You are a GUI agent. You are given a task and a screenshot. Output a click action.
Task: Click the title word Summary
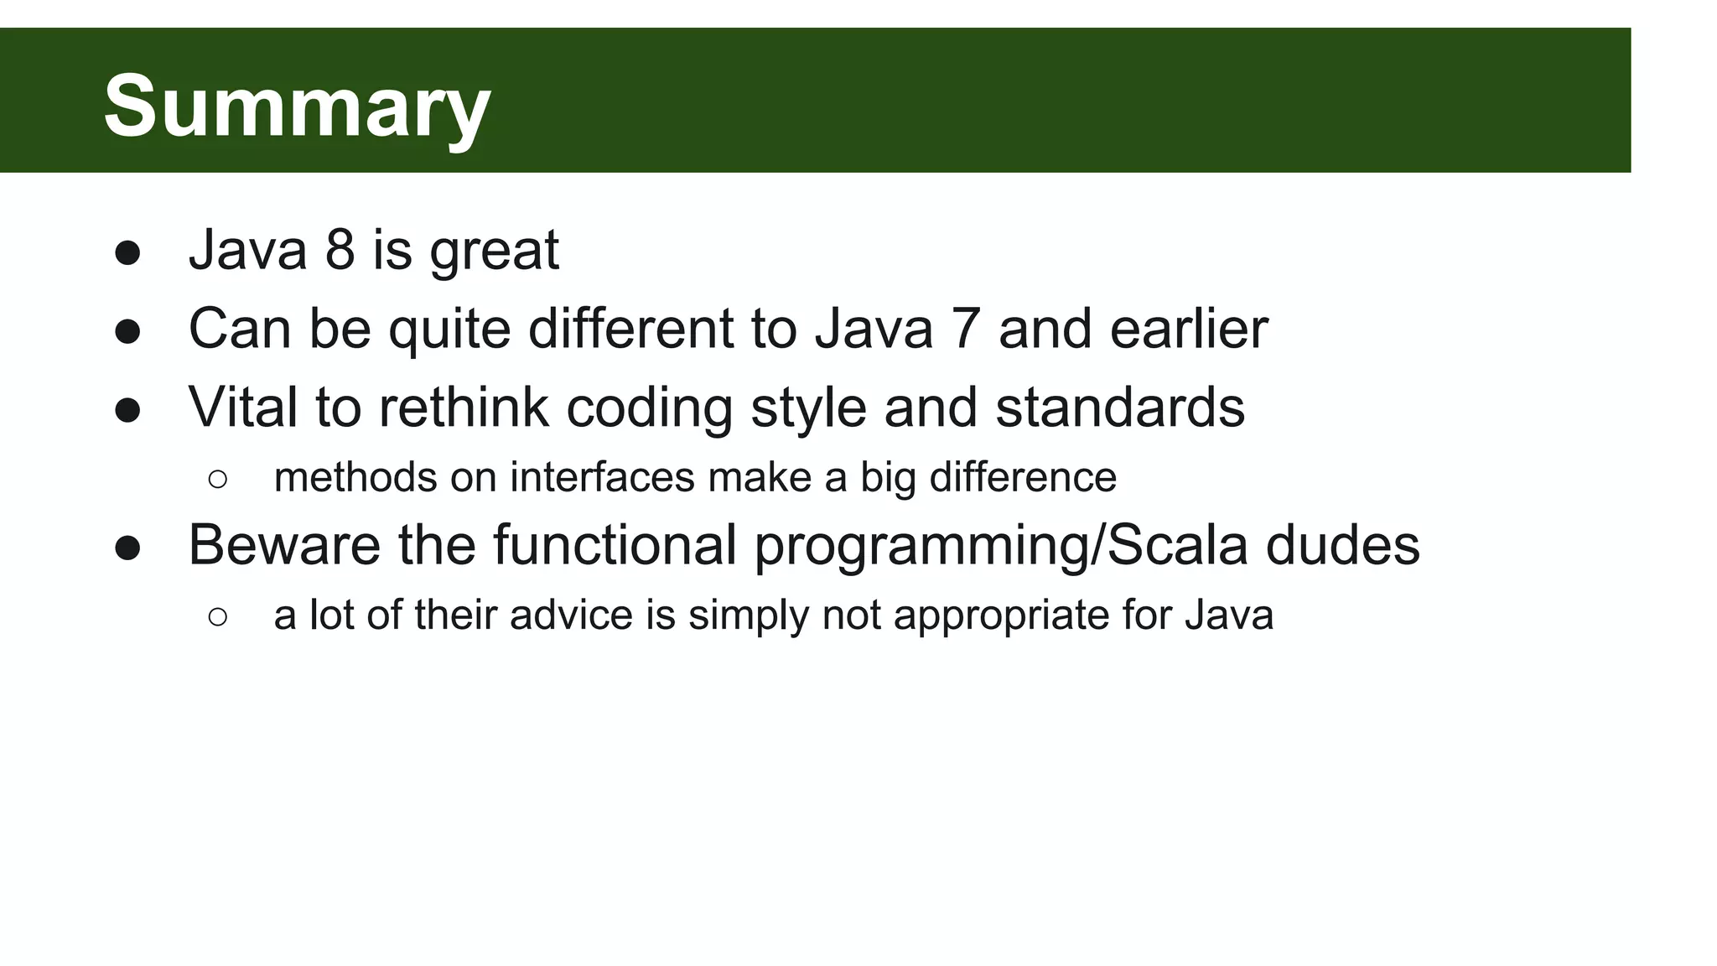coord(297,106)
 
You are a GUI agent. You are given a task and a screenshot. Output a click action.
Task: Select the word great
coord(494,252)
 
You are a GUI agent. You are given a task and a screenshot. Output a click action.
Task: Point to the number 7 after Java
coord(966,328)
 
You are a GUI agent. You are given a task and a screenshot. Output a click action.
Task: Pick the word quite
coord(449,330)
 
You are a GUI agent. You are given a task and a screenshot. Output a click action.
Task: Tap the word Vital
coord(243,407)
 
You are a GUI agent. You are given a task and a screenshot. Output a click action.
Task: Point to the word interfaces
coord(602,477)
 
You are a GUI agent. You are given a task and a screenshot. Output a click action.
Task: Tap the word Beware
coord(284,545)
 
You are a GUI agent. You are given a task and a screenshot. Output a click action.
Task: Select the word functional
coord(615,545)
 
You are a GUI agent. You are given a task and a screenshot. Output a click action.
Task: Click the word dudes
coord(1342,545)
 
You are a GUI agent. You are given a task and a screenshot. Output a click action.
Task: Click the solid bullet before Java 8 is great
coord(127,253)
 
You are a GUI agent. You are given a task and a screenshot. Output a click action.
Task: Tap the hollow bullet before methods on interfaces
coord(217,480)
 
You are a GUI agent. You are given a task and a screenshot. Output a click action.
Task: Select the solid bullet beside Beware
coord(127,548)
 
